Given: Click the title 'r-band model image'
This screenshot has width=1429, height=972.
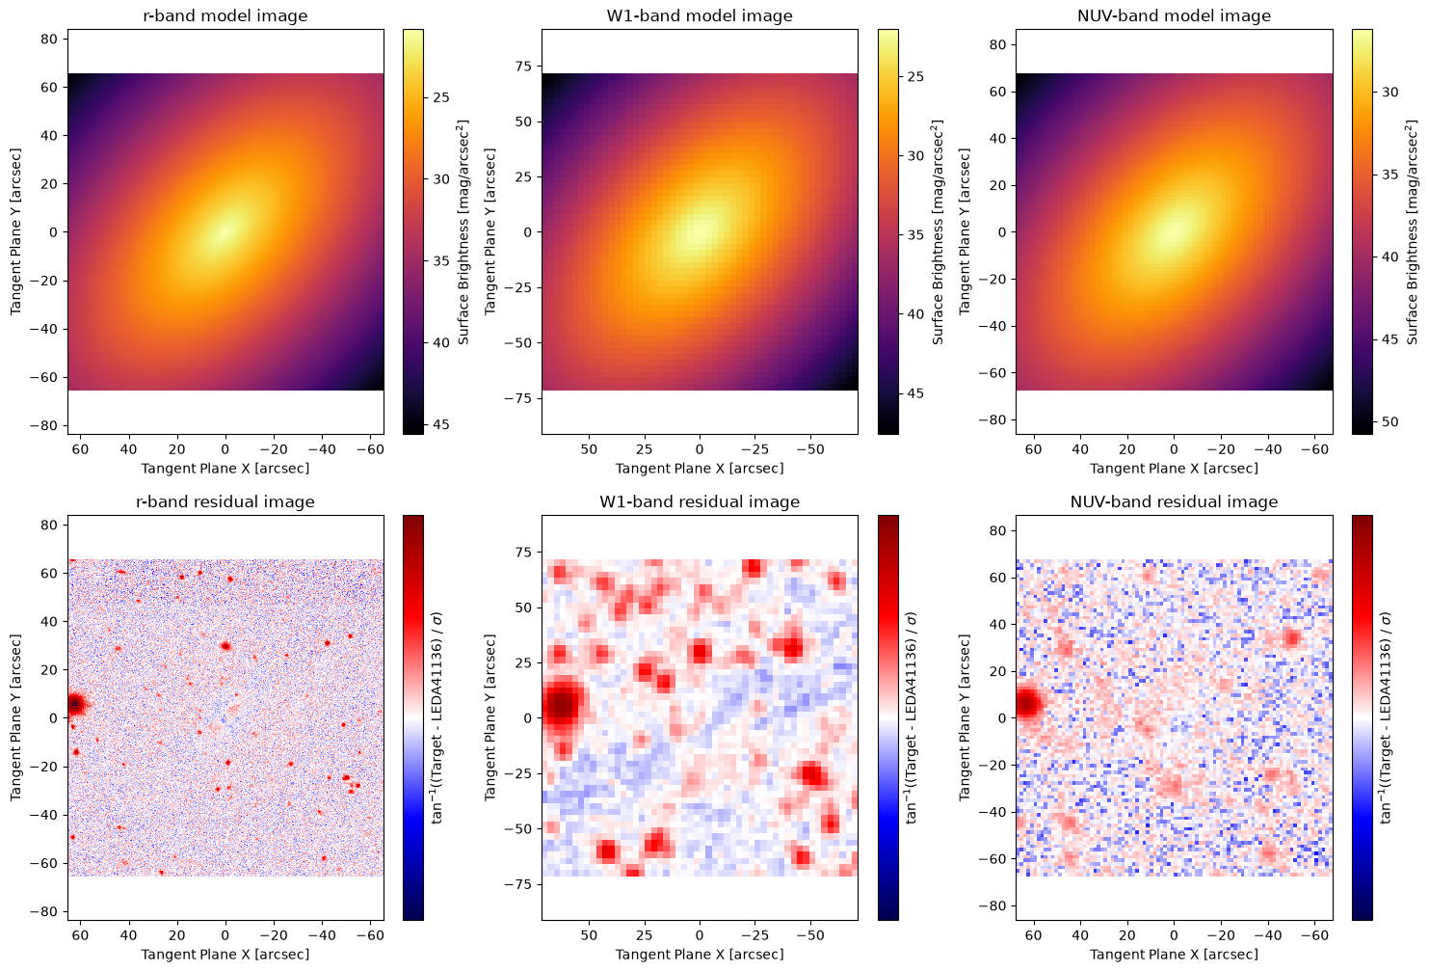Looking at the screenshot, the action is [x=225, y=15].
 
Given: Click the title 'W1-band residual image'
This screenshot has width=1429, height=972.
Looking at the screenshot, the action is [x=700, y=501].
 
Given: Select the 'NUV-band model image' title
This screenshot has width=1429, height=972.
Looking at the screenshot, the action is [x=1174, y=15].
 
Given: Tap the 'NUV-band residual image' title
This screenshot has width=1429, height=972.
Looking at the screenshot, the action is [x=1174, y=501].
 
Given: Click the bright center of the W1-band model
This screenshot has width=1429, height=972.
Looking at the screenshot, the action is [x=700, y=232].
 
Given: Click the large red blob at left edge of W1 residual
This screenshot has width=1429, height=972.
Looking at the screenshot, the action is [x=562, y=705].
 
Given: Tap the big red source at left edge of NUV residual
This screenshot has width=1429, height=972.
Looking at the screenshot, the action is [x=1028, y=703].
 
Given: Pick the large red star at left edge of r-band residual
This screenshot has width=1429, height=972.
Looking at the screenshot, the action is [x=76, y=705].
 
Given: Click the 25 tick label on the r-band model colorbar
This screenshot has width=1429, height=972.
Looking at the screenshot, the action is [x=441, y=97].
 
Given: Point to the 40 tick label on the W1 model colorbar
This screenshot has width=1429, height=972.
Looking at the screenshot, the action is [x=915, y=314].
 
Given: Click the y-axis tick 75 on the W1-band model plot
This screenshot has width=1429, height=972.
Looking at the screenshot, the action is [x=524, y=67].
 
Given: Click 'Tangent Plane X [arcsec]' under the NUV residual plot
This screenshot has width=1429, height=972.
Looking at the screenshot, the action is [x=1174, y=954].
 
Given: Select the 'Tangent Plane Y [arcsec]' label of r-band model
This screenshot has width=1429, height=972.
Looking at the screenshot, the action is [x=15, y=231].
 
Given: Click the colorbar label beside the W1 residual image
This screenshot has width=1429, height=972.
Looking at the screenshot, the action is [x=911, y=718].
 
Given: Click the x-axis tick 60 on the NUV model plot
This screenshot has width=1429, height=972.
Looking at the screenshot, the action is [x=1033, y=449].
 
